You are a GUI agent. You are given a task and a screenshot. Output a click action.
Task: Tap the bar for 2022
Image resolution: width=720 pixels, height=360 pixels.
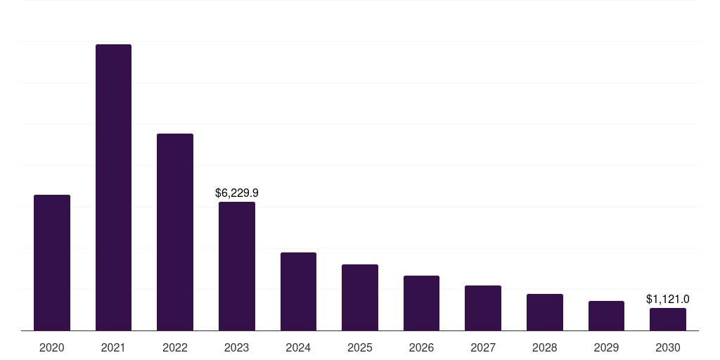point(175,232)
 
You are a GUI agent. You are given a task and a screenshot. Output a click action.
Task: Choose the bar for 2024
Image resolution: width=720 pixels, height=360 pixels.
point(298,291)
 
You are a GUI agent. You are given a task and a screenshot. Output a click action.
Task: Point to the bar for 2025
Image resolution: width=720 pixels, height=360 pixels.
point(360,297)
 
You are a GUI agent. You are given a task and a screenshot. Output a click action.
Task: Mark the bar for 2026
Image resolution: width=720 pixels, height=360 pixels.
point(421,303)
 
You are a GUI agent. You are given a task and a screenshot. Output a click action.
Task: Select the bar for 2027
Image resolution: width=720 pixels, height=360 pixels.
point(483,308)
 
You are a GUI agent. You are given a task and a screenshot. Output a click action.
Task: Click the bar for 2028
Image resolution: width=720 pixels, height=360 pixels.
point(545,312)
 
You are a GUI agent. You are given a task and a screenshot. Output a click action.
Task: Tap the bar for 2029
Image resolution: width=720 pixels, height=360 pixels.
point(606,316)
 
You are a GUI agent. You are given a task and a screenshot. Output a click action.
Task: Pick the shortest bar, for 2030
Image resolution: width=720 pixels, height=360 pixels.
point(668,319)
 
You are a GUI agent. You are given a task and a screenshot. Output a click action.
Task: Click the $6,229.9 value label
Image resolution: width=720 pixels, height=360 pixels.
point(237,193)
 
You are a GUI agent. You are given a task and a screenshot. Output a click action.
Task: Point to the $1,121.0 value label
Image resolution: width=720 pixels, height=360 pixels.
point(668,299)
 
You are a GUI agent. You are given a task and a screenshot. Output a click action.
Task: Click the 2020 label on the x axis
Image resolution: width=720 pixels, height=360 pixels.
point(52,347)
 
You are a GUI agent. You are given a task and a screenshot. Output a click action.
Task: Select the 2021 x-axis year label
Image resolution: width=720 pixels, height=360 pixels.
point(113,347)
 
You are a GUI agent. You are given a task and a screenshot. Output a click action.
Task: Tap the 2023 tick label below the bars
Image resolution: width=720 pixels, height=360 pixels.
point(237,347)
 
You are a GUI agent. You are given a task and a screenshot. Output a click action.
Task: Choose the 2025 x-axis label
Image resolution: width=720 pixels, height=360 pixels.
point(360,347)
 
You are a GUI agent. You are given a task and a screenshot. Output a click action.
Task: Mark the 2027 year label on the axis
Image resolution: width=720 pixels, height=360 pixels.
point(483,347)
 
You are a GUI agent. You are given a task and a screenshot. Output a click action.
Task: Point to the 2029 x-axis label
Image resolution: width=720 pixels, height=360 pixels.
point(606,347)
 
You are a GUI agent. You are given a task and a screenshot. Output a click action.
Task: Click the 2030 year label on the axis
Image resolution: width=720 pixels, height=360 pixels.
point(668,347)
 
